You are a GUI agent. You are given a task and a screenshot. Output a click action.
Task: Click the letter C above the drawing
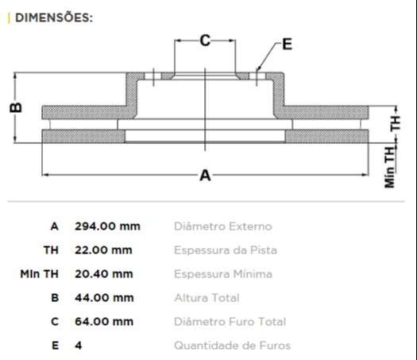pyautogui.click(x=205, y=41)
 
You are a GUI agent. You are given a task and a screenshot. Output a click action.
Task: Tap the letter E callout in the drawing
pyautogui.click(x=287, y=45)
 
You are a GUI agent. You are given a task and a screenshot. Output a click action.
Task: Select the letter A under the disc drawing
pyautogui.click(x=205, y=175)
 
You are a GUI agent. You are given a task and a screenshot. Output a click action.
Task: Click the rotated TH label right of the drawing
pyautogui.click(x=395, y=122)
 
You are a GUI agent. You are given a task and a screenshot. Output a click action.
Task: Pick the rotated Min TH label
pyautogui.click(x=390, y=166)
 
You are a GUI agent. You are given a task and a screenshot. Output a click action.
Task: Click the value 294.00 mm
pyautogui.click(x=106, y=226)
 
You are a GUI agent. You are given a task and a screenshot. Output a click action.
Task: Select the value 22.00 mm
pyautogui.click(x=103, y=250)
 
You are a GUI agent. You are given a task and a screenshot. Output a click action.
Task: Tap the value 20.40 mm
pyautogui.click(x=103, y=274)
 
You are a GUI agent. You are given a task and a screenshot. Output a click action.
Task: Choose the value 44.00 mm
pyautogui.click(x=103, y=298)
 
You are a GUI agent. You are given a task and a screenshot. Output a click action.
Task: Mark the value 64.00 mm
pyautogui.click(x=103, y=322)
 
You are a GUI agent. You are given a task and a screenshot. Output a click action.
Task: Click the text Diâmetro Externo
pyautogui.click(x=222, y=226)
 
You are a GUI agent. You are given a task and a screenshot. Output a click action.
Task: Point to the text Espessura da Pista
pyautogui.click(x=225, y=250)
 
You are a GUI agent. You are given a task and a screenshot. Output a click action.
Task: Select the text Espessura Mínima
pyautogui.click(x=222, y=274)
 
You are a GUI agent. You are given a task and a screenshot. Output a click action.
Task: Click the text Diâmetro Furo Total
pyautogui.click(x=230, y=322)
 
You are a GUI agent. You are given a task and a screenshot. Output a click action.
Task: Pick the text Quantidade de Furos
pyautogui.click(x=232, y=346)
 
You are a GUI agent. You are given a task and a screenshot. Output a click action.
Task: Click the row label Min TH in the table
pyautogui.click(x=40, y=274)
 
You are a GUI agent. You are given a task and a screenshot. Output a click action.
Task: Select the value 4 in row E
pyautogui.click(x=78, y=346)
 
